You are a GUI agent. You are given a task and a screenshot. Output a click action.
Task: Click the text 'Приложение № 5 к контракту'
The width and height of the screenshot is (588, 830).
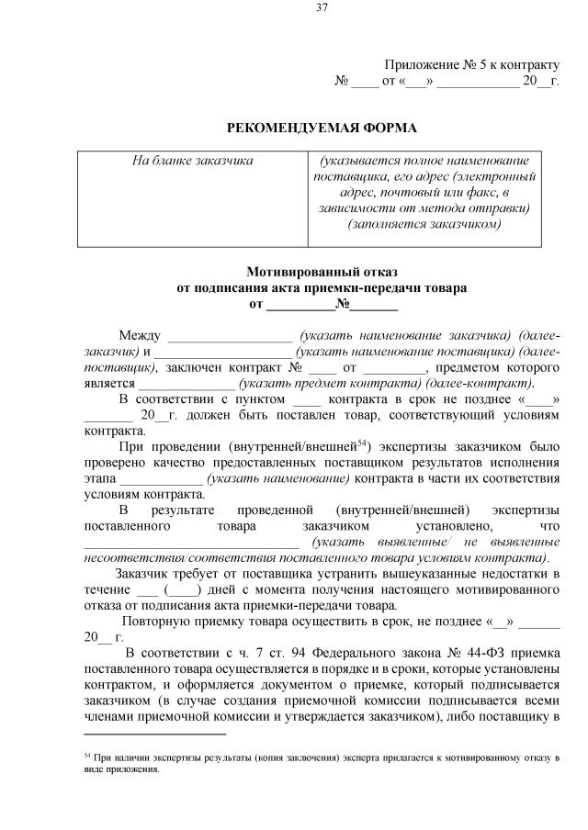tap(471, 64)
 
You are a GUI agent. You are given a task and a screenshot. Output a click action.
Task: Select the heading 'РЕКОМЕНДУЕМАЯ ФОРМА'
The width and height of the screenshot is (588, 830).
tap(321, 128)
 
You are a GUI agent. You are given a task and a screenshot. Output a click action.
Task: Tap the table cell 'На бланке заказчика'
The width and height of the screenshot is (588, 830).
tap(192, 160)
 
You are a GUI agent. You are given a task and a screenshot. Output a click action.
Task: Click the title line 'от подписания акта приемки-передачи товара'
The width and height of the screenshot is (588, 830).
tap(321, 287)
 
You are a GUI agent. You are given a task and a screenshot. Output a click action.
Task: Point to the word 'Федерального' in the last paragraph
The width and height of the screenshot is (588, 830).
tap(346, 654)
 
